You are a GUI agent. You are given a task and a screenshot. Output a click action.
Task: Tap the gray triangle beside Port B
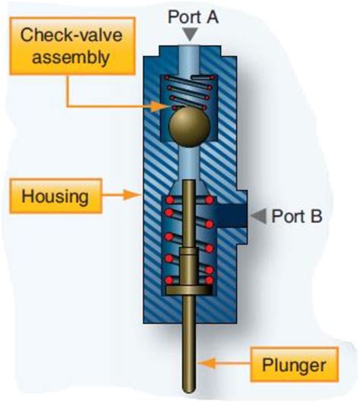tap(259, 216)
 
